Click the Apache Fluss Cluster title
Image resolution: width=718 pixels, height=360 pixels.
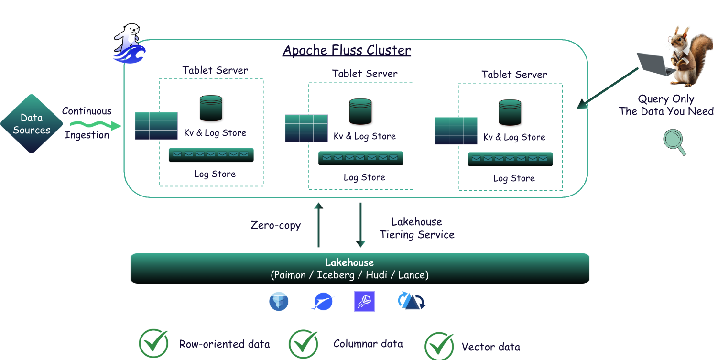347,50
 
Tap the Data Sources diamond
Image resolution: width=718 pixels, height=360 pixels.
32,124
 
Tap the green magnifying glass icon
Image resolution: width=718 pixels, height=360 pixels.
674,142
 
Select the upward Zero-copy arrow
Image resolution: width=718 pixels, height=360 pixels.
318,225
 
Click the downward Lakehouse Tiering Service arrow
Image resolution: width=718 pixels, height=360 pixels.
360,225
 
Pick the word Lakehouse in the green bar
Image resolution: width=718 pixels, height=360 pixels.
349,262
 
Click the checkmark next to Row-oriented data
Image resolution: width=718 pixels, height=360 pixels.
154,343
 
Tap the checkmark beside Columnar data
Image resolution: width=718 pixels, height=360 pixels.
304,343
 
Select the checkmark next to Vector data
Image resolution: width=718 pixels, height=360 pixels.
439,346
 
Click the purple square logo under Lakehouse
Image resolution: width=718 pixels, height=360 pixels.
364,302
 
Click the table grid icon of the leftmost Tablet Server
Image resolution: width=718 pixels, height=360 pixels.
156,126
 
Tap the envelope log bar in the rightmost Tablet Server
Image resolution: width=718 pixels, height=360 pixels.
510,159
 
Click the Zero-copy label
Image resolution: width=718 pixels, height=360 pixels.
276,225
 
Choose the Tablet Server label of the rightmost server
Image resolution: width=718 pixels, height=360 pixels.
514,75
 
